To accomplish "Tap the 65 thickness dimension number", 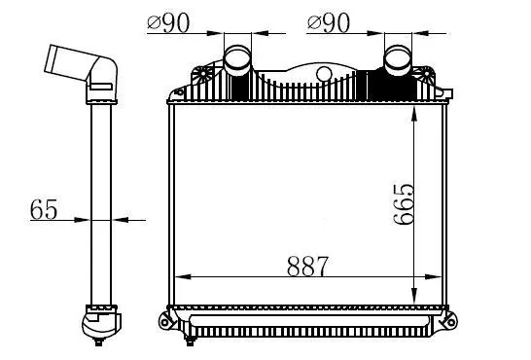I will point(44,209).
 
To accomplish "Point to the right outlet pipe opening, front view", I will point(398,55).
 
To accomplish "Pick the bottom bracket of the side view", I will point(100,321).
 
